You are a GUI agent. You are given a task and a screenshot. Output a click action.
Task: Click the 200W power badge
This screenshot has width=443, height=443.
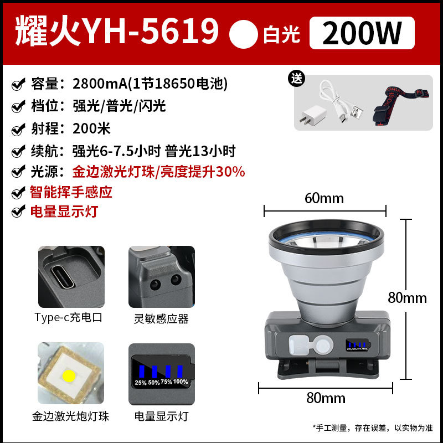pos(362,33)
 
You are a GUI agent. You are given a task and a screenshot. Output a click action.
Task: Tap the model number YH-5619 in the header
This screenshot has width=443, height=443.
pos(150,32)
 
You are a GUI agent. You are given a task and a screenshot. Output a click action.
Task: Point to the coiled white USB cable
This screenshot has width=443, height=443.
pos(341,103)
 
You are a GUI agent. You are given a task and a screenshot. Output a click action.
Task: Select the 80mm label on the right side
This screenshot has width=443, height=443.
pos(407,297)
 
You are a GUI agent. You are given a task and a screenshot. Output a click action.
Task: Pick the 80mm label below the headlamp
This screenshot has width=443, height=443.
pos(327,398)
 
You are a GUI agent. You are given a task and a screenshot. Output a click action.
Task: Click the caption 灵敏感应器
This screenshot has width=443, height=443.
pos(161,318)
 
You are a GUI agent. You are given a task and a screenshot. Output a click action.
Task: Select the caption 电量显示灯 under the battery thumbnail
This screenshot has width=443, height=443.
pos(161,416)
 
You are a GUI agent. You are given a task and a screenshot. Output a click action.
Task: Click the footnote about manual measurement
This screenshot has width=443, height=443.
pos(372,427)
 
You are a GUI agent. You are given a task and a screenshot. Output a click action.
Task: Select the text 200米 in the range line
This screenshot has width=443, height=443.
pos(91,128)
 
